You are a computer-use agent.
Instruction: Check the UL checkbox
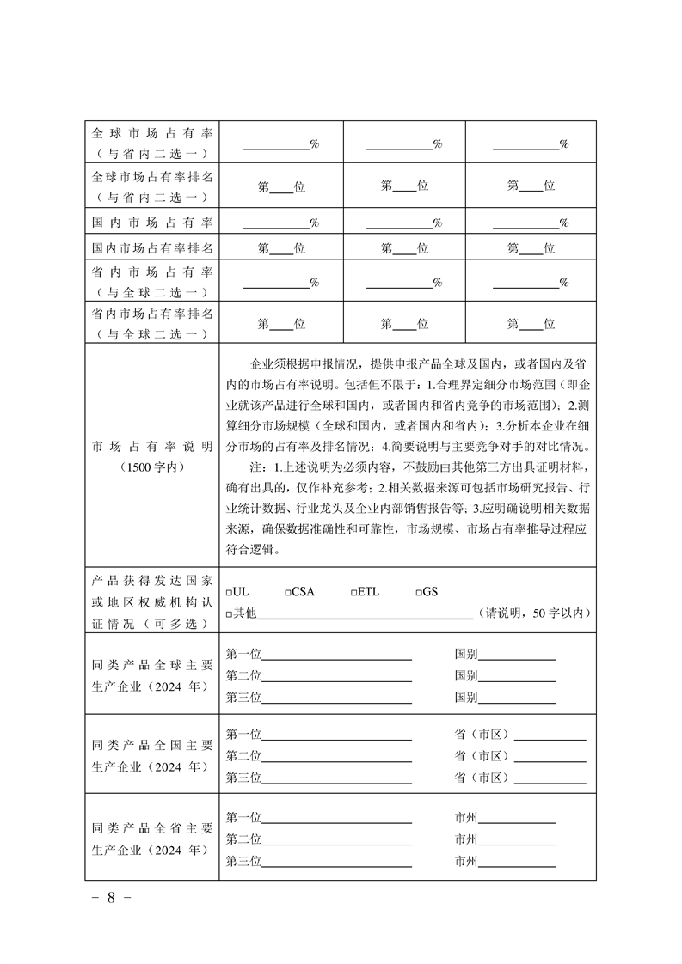pos(229,594)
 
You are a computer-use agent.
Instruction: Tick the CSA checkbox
pos(288,594)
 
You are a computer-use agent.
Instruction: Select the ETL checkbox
pos(354,594)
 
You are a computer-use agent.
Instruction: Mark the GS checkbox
pos(419,594)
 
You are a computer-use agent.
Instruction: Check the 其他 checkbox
pos(229,614)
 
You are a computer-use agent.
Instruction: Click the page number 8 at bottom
pos(110,898)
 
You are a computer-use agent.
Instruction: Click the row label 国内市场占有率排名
pos(151,248)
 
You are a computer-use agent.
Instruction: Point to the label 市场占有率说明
pos(151,447)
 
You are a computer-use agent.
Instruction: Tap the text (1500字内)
pos(151,467)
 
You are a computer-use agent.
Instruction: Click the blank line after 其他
pos(365,613)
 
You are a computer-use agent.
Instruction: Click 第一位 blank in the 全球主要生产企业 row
pos(336,655)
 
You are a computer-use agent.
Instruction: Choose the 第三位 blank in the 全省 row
pos(336,861)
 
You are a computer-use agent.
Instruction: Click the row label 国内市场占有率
pos(151,223)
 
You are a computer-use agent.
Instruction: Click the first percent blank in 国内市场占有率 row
pos(276,223)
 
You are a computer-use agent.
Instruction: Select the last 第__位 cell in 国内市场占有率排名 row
pos(531,248)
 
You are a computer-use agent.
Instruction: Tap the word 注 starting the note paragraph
pos(255,467)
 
